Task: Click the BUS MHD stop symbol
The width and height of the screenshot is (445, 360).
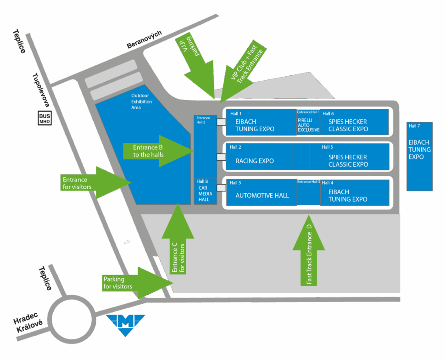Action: point(45,118)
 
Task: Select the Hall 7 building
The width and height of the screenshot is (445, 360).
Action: point(419,156)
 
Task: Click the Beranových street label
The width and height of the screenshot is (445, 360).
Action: point(145,41)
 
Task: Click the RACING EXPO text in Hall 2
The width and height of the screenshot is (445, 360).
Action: point(254,161)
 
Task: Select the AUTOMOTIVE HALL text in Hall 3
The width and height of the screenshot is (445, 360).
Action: point(262,196)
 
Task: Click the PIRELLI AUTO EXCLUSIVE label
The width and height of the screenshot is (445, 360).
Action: point(308,124)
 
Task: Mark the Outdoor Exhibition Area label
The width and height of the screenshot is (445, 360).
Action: point(141,101)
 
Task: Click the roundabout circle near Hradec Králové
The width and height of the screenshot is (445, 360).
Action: point(71,319)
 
